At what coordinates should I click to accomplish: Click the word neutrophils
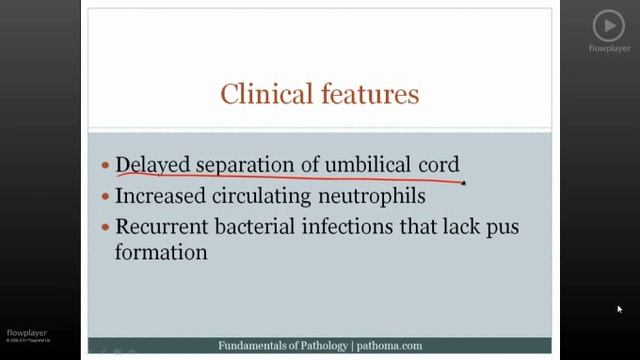point(372,196)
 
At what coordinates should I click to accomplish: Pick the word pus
point(500,226)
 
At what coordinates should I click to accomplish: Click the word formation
point(161,253)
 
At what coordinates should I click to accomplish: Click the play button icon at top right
point(608,25)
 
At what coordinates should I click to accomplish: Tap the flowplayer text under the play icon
point(608,48)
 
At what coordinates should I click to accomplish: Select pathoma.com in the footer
point(388,346)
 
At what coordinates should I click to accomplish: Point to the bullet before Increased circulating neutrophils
point(105,197)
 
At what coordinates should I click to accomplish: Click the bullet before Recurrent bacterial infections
point(105,227)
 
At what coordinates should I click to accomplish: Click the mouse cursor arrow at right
point(620,309)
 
